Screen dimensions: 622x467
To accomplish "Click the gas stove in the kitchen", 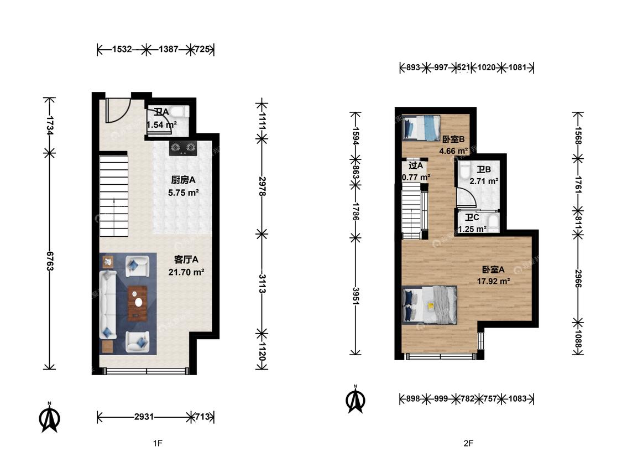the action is click(x=183, y=148).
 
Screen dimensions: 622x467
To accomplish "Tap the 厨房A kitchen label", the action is click(x=183, y=180).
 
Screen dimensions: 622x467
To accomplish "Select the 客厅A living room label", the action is click(x=186, y=260).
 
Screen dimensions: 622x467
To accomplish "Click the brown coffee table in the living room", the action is click(x=137, y=303).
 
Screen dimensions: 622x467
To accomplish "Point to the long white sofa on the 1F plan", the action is click(x=107, y=304).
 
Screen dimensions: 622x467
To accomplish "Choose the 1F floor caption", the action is click(x=158, y=443).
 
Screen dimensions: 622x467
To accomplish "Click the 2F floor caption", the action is click(x=468, y=443).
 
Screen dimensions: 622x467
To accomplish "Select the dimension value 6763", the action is click(x=50, y=261).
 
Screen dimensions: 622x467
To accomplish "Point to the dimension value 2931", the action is click(x=144, y=417).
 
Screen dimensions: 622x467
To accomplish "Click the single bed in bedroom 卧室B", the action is click(x=421, y=127).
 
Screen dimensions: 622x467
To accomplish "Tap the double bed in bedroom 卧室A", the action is click(x=430, y=304).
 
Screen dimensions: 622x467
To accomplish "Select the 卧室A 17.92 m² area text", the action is click(x=493, y=281).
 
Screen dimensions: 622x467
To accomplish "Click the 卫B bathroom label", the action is click(x=484, y=169).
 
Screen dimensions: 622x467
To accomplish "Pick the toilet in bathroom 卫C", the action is click(x=493, y=223).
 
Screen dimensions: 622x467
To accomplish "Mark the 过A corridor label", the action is click(x=416, y=165).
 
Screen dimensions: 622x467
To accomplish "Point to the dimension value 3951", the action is click(x=356, y=296).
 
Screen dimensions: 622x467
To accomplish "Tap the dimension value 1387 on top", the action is click(x=169, y=49).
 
